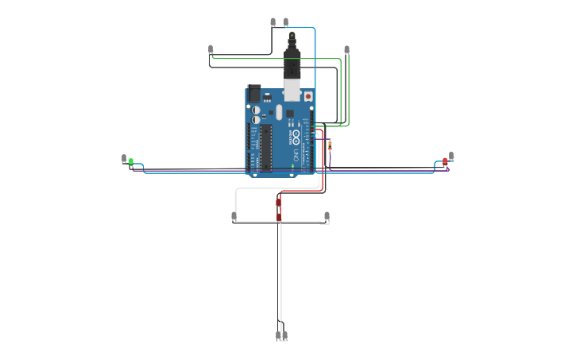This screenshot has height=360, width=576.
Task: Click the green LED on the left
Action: point(131,161)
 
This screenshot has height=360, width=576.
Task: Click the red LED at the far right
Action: point(445,161)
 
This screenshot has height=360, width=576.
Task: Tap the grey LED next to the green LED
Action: point(124,159)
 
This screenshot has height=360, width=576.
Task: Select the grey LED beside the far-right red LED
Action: point(451,156)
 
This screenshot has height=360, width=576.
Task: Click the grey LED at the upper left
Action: point(211,49)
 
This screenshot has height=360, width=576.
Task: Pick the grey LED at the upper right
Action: point(346,50)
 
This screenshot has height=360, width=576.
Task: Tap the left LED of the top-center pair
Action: point(273,22)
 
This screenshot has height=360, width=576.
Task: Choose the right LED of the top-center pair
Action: point(286,22)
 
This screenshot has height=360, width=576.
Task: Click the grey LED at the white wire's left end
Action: point(234,216)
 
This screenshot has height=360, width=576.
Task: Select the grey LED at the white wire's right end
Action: point(327,215)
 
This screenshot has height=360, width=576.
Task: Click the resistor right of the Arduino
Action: point(331,145)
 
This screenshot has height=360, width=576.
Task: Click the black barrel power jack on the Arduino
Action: point(254,93)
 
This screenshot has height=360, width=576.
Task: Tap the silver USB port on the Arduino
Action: point(292,91)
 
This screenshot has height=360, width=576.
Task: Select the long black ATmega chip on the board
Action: point(267,147)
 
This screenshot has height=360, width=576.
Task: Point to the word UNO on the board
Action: point(296,152)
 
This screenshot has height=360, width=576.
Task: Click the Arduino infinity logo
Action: point(296,135)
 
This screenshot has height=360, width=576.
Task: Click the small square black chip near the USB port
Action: point(290,113)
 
